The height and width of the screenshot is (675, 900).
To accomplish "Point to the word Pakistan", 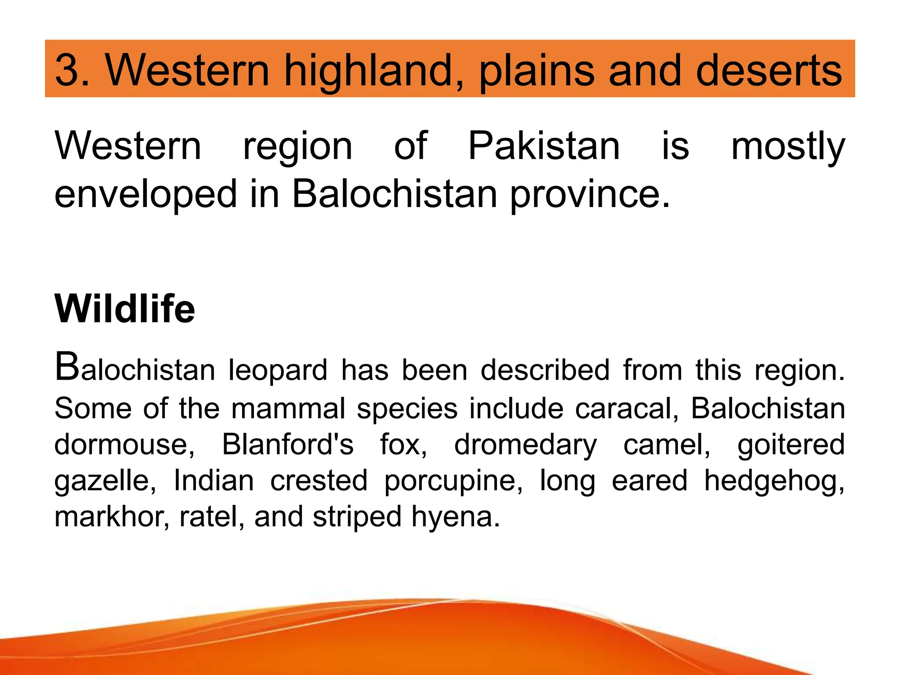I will (544, 146).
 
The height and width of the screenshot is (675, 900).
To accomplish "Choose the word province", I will (590, 195).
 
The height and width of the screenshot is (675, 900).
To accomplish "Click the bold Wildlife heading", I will (125, 308).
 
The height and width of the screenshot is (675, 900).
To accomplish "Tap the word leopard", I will (278, 370).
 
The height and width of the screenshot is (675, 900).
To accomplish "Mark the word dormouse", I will (124, 444).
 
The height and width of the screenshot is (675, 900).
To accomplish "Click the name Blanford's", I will (288, 444).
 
